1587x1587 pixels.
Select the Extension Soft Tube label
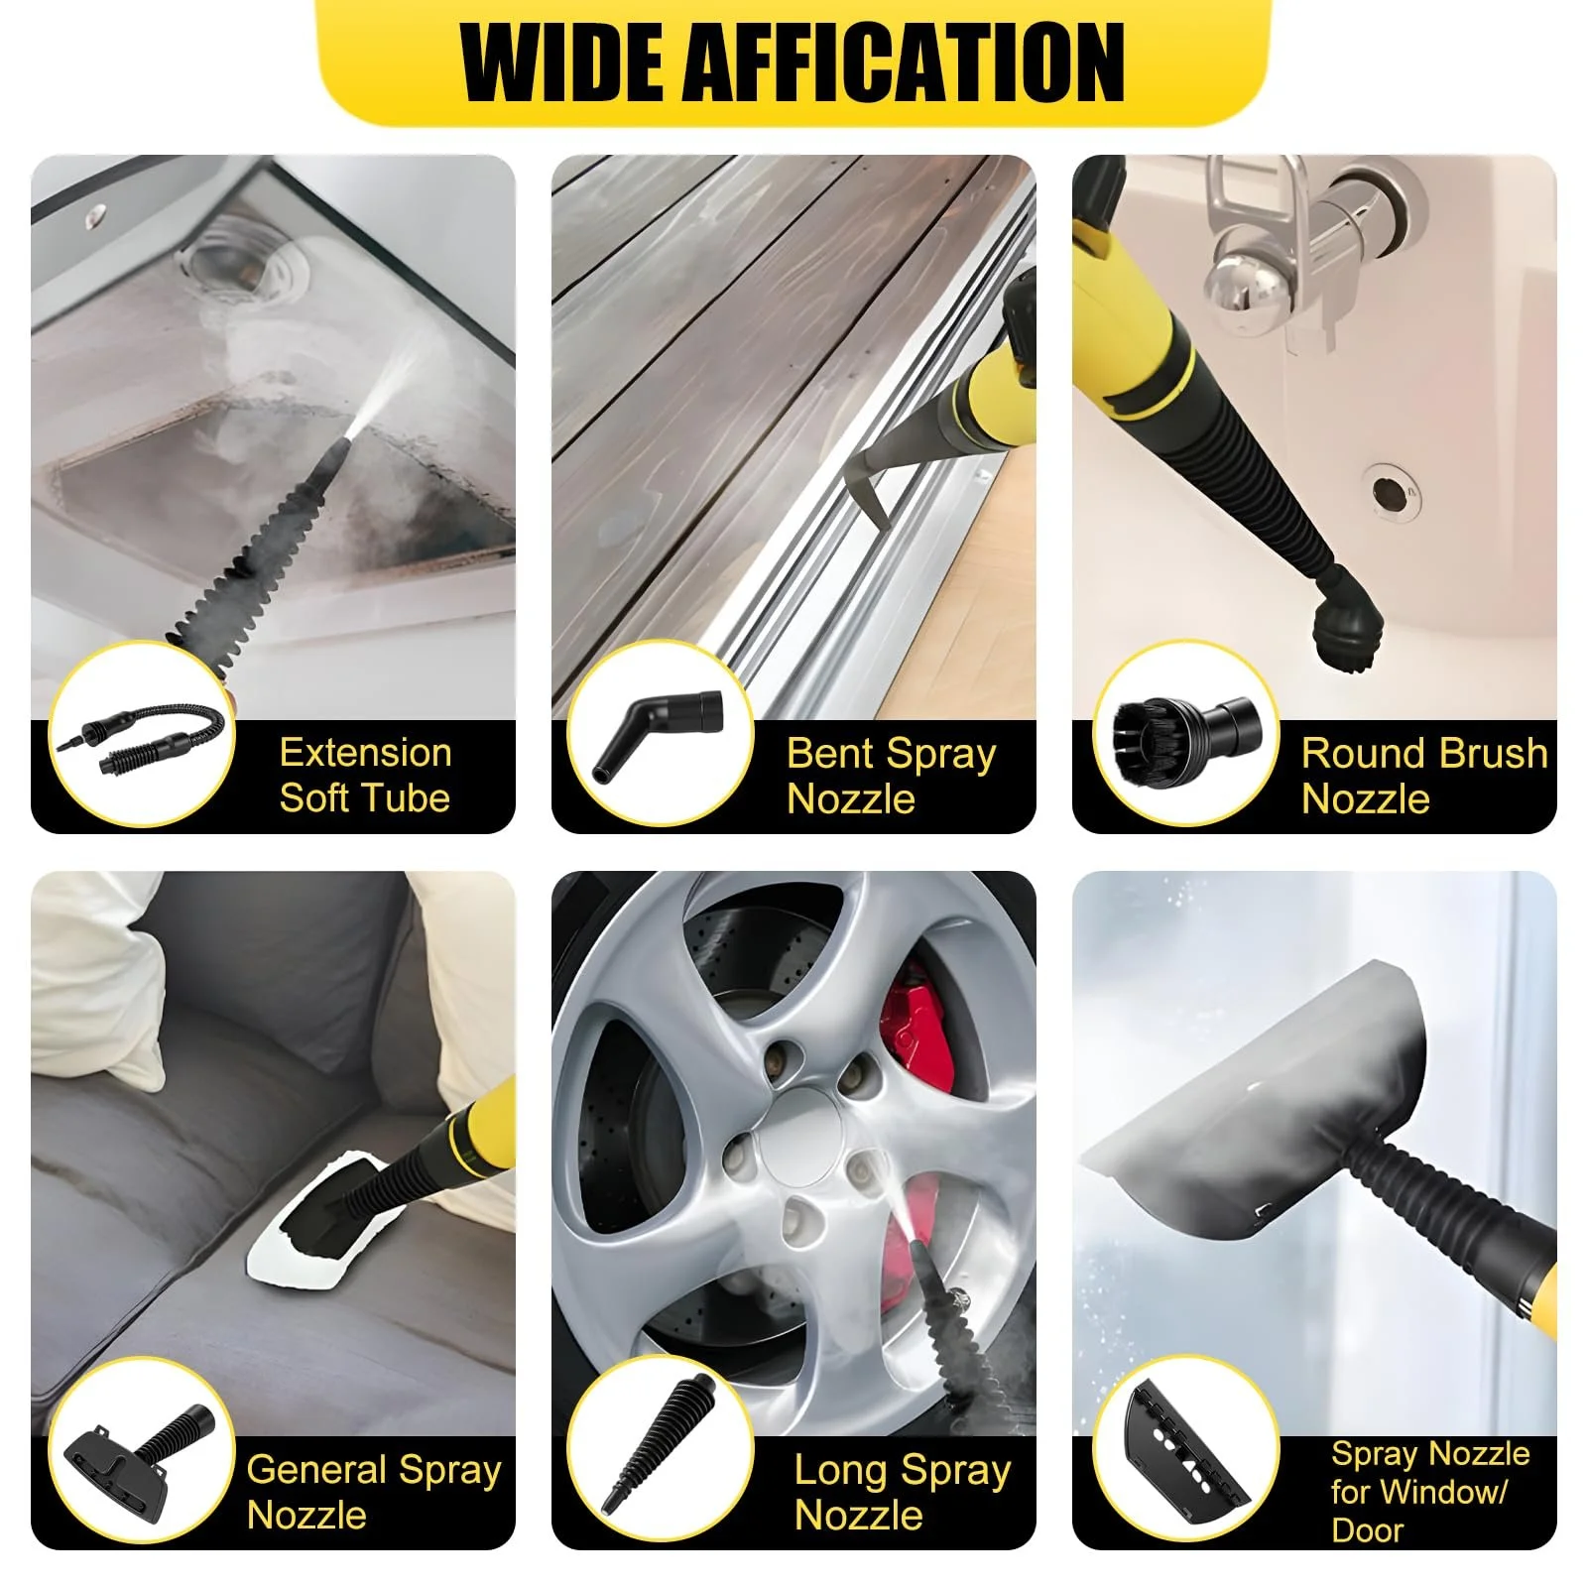(365, 775)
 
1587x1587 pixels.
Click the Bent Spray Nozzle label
(891, 776)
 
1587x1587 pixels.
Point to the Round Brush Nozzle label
(1424, 776)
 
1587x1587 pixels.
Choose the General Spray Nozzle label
(374, 1492)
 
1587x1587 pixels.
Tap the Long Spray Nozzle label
(903, 1492)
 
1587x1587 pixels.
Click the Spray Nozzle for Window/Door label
(1430, 1492)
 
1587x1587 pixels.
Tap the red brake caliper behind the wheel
(917, 1032)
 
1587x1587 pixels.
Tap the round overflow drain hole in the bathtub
(1390, 490)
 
